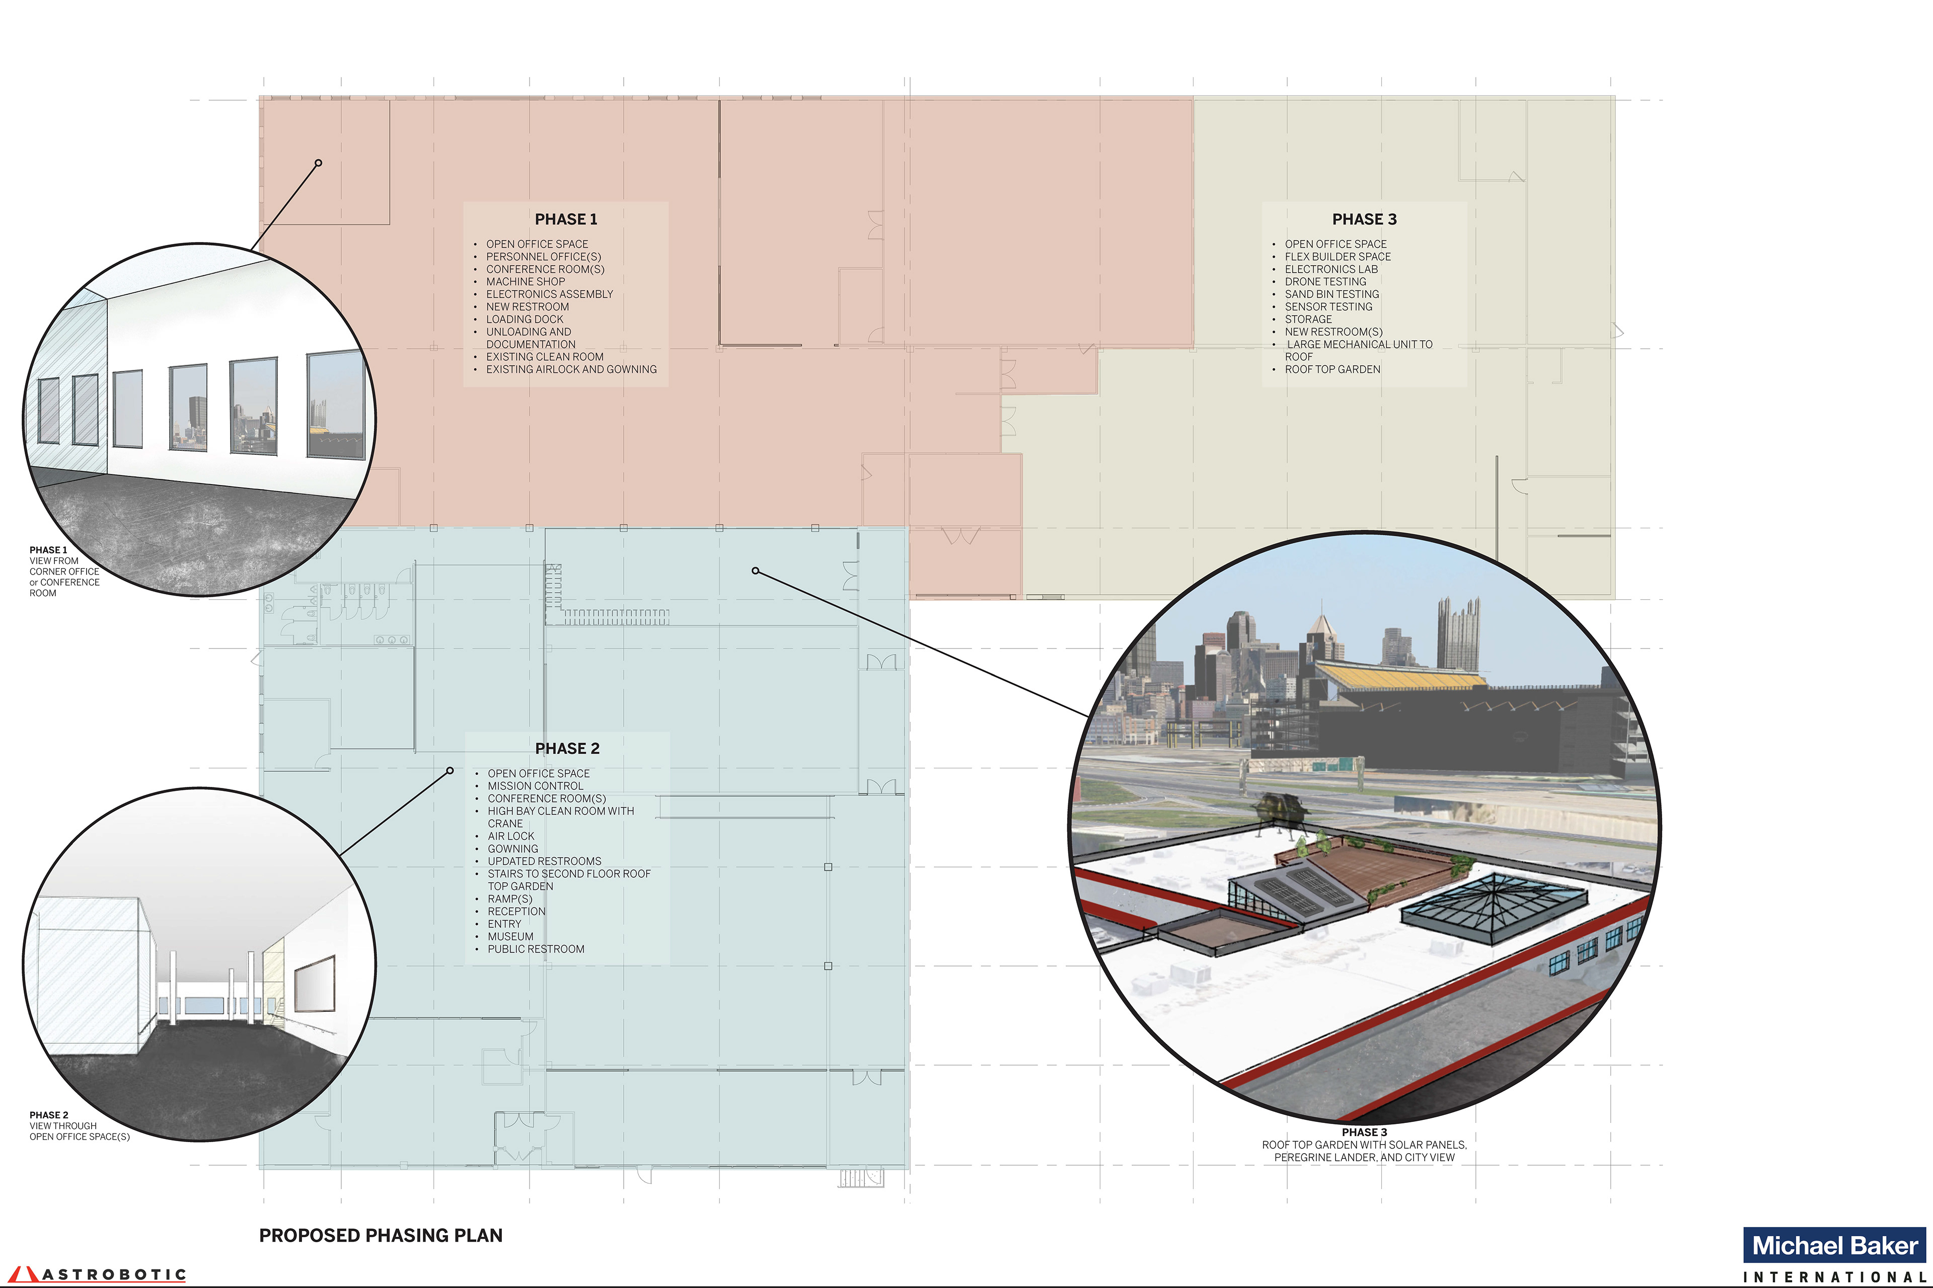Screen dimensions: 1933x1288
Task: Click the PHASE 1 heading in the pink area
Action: (x=565, y=219)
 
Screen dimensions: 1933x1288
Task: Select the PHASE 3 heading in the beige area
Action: (x=1364, y=219)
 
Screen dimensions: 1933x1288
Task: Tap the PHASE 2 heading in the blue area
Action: (x=567, y=748)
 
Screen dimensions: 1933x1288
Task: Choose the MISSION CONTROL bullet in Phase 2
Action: (x=535, y=786)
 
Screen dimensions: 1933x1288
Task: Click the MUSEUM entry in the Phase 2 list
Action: (x=510, y=936)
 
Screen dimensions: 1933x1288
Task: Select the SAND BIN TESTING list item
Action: (x=1331, y=294)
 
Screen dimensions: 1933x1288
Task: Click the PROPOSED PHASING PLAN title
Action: (x=381, y=1236)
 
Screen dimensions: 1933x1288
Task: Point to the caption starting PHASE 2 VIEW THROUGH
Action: (x=79, y=1126)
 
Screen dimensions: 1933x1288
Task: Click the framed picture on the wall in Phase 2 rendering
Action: (x=314, y=983)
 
